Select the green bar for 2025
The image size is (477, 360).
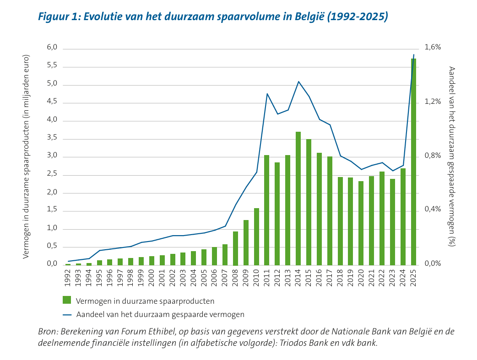(x=413, y=162)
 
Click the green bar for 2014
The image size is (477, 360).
(x=298, y=199)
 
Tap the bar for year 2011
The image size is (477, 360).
(x=267, y=210)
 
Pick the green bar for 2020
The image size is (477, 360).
(x=361, y=223)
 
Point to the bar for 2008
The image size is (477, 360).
(x=235, y=248)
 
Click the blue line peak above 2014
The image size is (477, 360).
(x=298, y=81)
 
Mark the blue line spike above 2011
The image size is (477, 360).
(x=267, y=94)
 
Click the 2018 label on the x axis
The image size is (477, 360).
(x=340, y=278)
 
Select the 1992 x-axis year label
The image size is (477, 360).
(x=68, y=278)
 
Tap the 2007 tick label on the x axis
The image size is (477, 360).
(x=225, y=278)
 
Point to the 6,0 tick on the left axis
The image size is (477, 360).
(x=52, y=47)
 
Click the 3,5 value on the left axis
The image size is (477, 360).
(x=52, y=137)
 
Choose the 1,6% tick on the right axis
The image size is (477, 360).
(x=433, y=47)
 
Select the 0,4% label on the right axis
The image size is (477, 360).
(x=433, y=209)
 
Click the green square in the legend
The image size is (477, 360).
(x=67, y=300)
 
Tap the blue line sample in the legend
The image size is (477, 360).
(x=67, y=315)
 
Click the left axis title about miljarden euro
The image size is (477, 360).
(x=26, y=157)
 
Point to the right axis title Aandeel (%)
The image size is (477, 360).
(x=452, y=157)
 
